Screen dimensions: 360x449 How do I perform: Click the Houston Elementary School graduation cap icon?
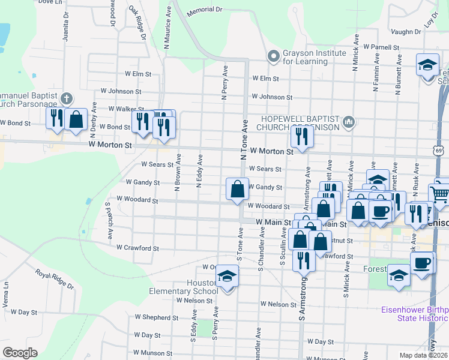228,277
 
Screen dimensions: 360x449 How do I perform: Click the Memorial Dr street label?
204,10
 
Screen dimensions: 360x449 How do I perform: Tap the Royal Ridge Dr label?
54,279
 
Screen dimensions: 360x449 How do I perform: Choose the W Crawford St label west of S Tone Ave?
137,247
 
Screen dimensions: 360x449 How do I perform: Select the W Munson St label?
153,353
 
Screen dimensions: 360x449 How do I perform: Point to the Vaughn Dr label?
408,31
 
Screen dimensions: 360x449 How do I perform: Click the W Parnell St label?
381,47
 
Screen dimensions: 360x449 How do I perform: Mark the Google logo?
20,353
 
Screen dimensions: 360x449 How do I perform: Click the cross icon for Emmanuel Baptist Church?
67,97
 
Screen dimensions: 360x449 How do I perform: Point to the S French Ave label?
109,221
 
